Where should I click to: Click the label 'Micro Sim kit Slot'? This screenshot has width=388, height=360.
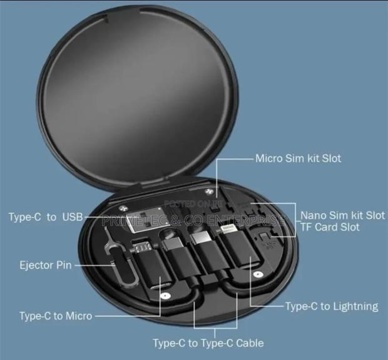click(x=298, y=158)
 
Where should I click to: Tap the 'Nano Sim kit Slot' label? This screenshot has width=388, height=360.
click(x=342, y=215)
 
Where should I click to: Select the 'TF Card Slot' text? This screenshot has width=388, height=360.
click(x=330, y=227)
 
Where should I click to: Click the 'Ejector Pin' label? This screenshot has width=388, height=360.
click(x=45, y=265)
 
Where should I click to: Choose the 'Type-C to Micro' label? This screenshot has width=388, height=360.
click(x=56, y=316)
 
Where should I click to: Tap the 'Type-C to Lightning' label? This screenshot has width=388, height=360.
click(x=332, y=306)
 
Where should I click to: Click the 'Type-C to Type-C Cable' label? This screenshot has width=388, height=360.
click(x=208, y=342)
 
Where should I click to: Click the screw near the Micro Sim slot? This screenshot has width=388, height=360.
click(x=205, y=191)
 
